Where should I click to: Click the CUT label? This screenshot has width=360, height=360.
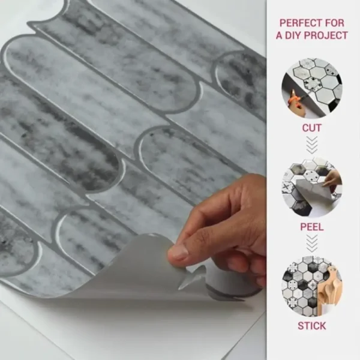pos(311,128)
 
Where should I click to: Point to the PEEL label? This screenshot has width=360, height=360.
pos(312,227)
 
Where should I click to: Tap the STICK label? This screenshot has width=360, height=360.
pos(312,326)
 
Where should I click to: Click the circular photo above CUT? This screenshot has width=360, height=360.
pos(312,88)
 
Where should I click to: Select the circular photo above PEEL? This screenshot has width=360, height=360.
pos(312,187)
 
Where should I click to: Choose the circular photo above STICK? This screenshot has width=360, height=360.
pos(312,286)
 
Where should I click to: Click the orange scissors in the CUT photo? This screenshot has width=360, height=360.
pos(296,99)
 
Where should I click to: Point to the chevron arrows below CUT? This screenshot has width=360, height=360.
pos(312,145)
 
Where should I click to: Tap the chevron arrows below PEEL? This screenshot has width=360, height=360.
pos(312,244)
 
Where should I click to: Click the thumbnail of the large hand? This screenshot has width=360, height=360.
pos(179,252)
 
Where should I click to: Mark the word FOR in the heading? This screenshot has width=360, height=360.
pos(335,23)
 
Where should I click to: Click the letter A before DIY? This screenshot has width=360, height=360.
pos(279,35)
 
